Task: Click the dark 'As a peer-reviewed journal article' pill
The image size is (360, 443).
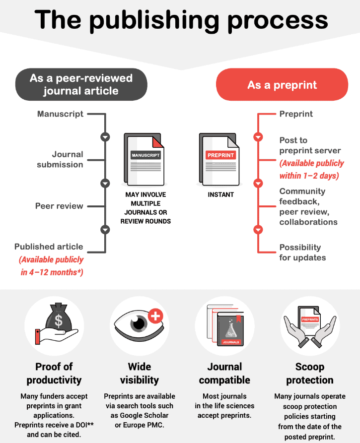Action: pyautogui.click(x=81, y=84)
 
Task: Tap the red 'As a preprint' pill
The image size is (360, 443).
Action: pyautogui.click(x=282, y=84)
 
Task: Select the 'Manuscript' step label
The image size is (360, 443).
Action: pyautogui.click(x=60, y=114)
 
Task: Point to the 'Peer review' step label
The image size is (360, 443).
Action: pyautogui.click(x=59, y=206)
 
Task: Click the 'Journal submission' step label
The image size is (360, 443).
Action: pyautogui.click(x=60, y=159)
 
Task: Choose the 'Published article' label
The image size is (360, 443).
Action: pyautogui.click(x=49, y=247)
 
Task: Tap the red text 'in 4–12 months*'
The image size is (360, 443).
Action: pyautogui.click(x=52, y=272)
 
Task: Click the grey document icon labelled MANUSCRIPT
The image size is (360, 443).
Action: pyautogui.click(x=144, y=160)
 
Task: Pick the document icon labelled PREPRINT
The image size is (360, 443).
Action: pyautogui.click(x=219, y=160)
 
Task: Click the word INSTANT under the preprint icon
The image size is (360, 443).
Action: pyautogui.click(x=220, y=194)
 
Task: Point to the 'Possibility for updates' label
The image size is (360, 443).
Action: pyautogui.click(x=302, y=253)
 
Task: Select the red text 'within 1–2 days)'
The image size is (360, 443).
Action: pyautogui.click(x=309, y=176)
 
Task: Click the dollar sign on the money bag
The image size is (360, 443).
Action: pyautogui.click(x=59, y=321)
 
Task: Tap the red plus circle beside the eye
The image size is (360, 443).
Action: pyautogui.click(x=155, y=316)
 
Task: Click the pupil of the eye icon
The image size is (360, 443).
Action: pyautogui.click(x=139, y=323)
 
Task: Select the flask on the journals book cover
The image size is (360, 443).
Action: pyautogui.click(x=231, y=329)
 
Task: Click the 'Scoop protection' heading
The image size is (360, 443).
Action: pyautogui.click(x=310, y=373)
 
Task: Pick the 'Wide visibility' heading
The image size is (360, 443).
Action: pyautogui.click(x=140, y=373)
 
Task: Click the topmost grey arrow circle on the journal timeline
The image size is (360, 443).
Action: pyautogui.click(x=105, y=137)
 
